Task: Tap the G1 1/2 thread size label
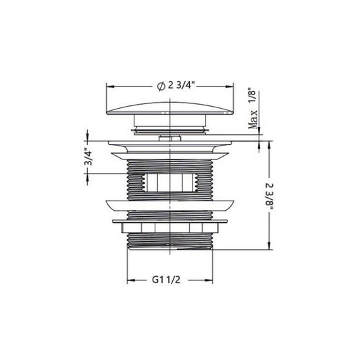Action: click(166, 280)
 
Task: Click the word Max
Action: click(253, 120)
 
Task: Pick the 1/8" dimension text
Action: click(253, 95)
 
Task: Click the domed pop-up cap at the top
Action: click(170, 107)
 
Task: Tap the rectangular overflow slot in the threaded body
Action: click(170, 182)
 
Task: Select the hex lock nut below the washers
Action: click(170, 228)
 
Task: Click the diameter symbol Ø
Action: click(161, 86)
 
